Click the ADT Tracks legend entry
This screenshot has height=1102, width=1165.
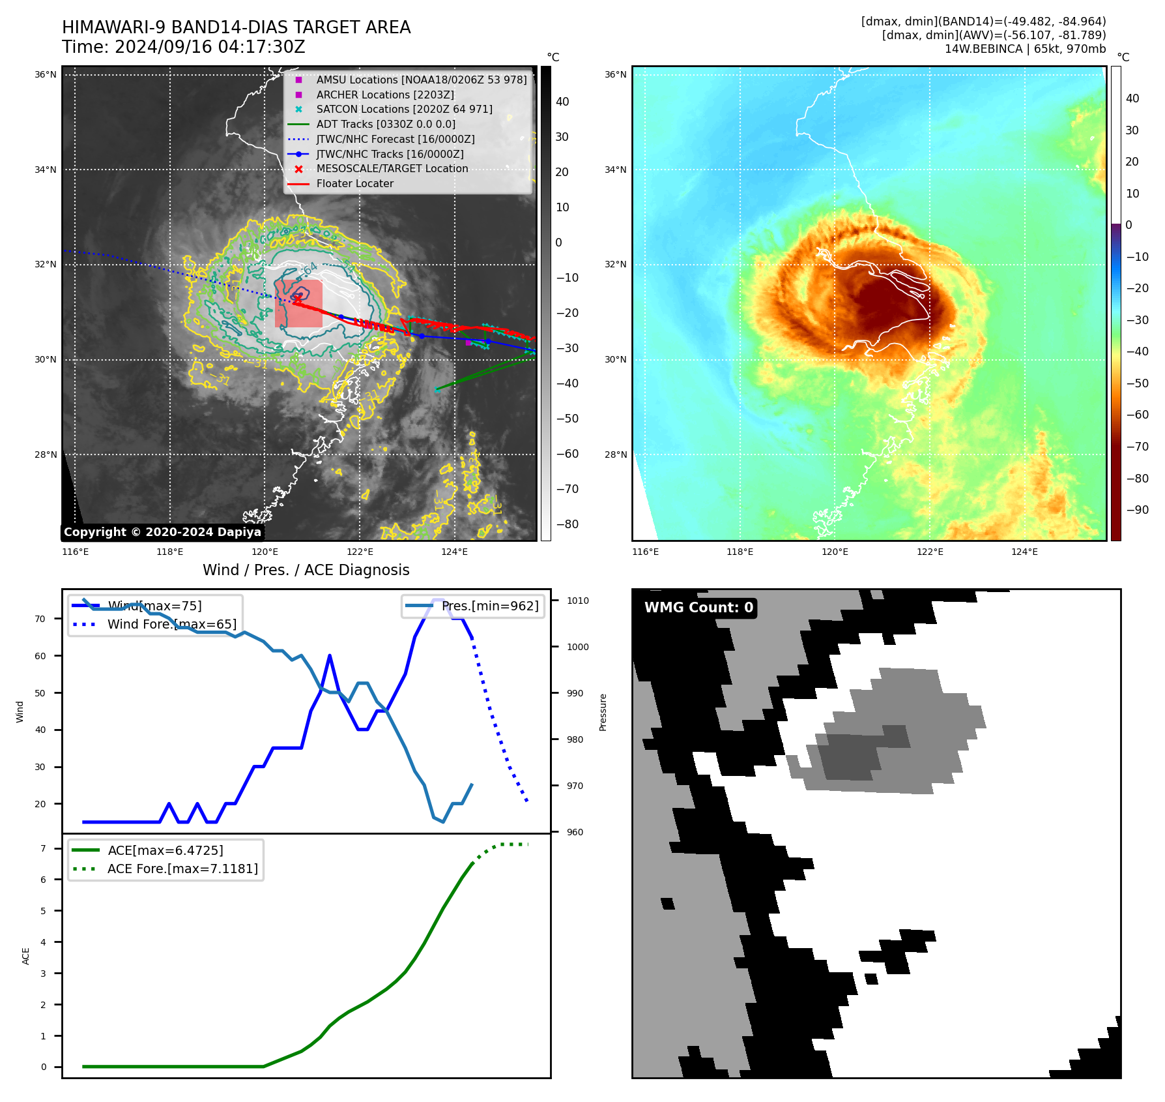(x=386, y=124)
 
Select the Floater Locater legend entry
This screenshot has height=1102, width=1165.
(x=354, y=184)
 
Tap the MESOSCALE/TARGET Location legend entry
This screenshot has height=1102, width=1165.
(x=392, y=169)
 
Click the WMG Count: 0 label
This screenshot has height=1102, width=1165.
(x=698, y=608)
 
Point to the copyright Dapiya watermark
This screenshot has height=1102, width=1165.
(x=162, y=532)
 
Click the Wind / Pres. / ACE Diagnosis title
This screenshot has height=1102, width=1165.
(x=306, y=570)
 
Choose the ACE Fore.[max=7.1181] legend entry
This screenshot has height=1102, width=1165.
(x=182, y=869)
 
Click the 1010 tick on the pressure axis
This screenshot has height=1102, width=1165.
(x=577, y=601)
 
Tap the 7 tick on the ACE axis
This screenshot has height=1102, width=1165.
(x=44, y=848)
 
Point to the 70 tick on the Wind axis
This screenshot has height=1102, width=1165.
(x=40, y=619)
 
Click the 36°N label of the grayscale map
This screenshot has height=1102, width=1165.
(x=46, y=74)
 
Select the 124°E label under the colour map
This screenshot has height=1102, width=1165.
(x=1024, y=552)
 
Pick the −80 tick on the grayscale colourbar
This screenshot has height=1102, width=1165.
(x=567, y=524)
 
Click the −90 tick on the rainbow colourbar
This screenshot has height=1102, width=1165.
(x=1138, y=510)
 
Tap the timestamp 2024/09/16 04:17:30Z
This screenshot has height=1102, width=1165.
(x=210, y=47)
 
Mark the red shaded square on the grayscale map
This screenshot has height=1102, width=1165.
(x=298, y=304)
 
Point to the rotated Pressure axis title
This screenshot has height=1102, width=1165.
(x=603, y=712)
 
